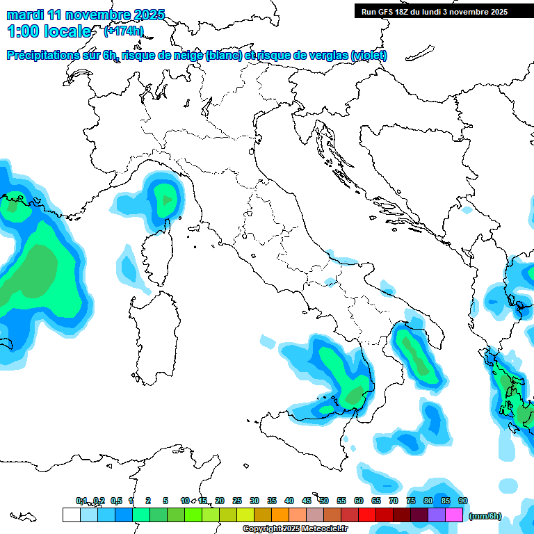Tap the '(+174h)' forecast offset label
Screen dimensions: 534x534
click(124, 31)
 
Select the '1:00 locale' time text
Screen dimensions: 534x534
click(49, 31)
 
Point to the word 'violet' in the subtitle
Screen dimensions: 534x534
click(369, 56)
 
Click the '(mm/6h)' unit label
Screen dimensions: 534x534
click(485, 516)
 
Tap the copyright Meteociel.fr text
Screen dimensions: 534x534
click(295, 529)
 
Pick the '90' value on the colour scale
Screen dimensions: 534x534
click(462, 501)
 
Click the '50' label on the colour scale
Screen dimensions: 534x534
click(324, 501)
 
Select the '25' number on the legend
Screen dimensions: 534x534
click(237, 501)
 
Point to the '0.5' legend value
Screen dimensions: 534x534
click(117, 501)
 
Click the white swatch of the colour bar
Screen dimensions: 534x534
click(71, 515)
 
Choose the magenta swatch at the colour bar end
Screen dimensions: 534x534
click(454, 515)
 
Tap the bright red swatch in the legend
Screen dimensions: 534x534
click(366, 515)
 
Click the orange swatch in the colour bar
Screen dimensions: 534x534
click(280, 515)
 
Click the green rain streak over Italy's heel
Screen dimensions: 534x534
click(416, 355)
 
